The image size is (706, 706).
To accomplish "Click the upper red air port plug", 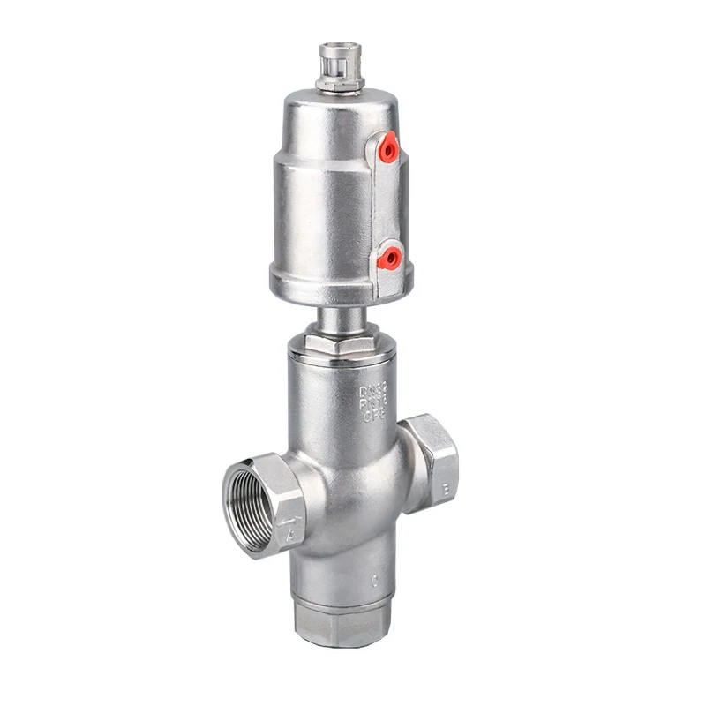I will pos(387,151).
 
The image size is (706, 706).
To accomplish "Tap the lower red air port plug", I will pos(387,258).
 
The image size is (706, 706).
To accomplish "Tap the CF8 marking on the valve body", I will pos(374,417).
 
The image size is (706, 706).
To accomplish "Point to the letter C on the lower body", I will pos(374,582).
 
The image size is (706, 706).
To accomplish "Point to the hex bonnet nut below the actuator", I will pos(340,339).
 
